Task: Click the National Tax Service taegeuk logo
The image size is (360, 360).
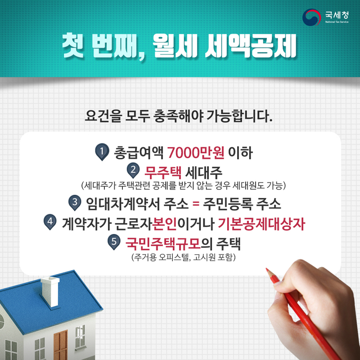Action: [x=311, y=17]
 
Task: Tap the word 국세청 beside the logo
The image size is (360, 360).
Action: [x=337, y=15]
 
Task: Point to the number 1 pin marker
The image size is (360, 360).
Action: [x=102, y=152]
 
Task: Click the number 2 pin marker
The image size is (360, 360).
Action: [x=133, y=171]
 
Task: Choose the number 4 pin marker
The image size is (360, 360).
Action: [x=50, y=222]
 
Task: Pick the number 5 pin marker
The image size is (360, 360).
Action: [x=114, y=242]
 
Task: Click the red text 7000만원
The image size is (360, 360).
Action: [x=196, y=153]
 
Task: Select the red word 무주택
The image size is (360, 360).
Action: [x=163, y=172]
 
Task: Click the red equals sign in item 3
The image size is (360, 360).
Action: [x=196, y=203]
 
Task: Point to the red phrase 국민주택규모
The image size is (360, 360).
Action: [x=163, y=243]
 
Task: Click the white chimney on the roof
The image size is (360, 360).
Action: [x=50, y=292]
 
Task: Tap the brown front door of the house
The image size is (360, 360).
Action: [x=60, y=345]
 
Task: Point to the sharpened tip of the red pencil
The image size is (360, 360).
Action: [x=266, y=269]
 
